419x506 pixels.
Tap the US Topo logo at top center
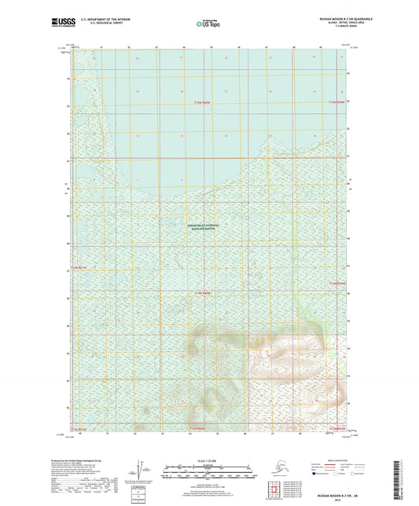[x=208, y=24]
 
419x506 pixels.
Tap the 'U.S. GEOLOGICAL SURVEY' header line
[x=102, y=21]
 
